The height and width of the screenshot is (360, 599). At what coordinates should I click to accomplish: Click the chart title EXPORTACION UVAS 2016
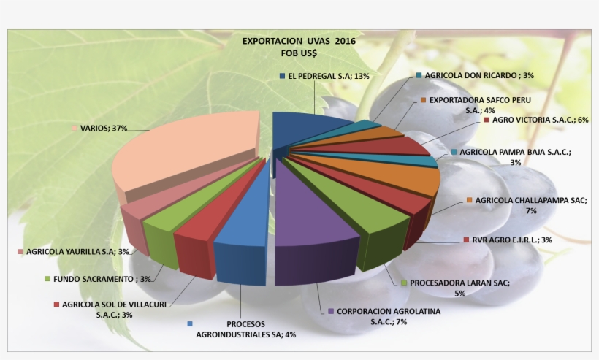299,41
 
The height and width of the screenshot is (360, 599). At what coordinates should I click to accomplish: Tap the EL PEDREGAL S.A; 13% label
328,76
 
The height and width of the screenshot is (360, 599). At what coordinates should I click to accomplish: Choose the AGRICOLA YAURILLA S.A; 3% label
77,252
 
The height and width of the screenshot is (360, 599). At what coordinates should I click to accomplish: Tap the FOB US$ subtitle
299,53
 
